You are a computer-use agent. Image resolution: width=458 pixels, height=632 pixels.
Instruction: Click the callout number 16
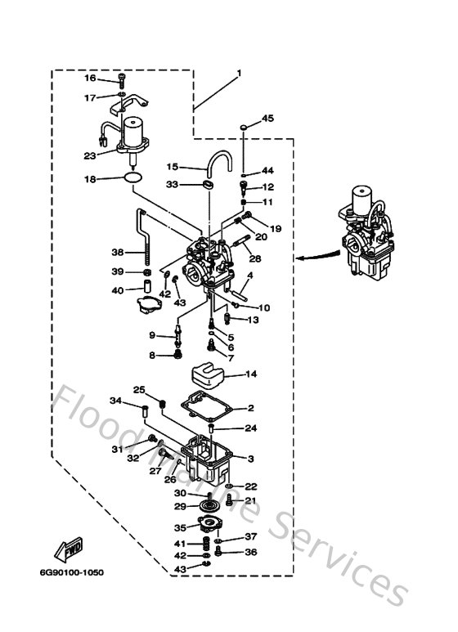click(x=90, y=78)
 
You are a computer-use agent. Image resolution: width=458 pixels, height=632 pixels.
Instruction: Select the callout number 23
click(x=90, y=154)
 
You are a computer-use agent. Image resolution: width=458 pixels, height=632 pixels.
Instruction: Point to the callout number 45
click(x=267, y=119)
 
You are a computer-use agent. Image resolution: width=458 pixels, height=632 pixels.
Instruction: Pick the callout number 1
click(x=239, y=74)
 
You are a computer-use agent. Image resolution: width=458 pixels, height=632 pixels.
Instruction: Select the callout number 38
click(x=117, y=253)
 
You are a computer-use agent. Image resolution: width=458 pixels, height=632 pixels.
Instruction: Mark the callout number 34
click(x=116, y=401)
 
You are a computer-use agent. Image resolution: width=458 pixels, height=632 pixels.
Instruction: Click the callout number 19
click(x=275, y=229)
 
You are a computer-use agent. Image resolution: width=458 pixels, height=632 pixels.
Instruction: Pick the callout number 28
click(x=255, y=258)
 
